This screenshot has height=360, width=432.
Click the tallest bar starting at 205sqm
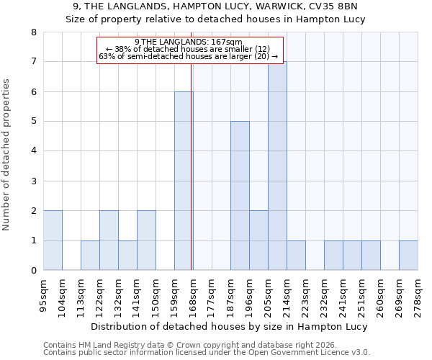tap(277, 166)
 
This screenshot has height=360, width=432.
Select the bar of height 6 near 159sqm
tap(184, 181)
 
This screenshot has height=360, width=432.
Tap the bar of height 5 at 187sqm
tap(240, 196)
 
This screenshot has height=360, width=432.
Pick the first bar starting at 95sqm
tap(53, 240)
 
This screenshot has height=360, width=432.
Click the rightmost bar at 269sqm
tap(408, 256)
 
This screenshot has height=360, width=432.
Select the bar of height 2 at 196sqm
tap(258, 240)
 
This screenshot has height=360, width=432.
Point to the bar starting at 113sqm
tap(90, 256)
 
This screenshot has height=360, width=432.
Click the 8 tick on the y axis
tap(33, 32)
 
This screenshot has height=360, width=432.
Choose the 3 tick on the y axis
tap(33, 181)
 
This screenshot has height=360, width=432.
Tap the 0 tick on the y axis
tap(33, 271)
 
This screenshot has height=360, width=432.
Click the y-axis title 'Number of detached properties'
tap(7, 156)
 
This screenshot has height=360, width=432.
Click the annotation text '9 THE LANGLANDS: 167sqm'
tap(188, 42)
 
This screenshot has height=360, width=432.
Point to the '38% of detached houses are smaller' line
tap(188, 49)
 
